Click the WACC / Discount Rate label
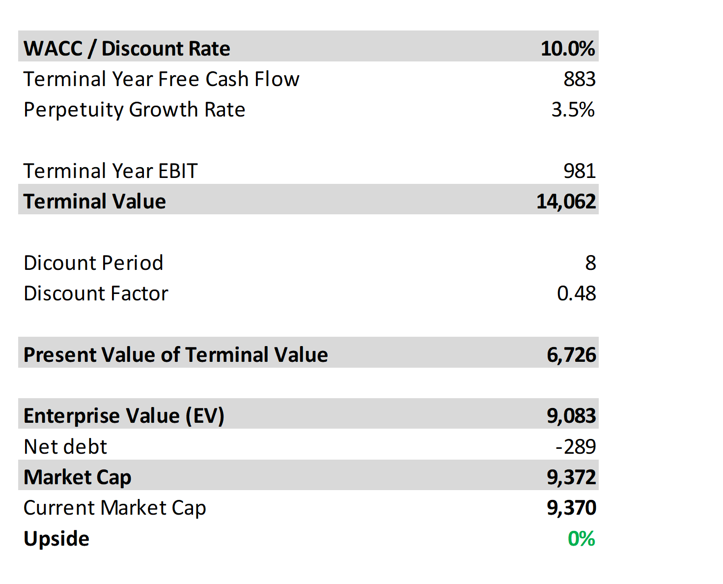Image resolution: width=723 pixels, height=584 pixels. (127, 48)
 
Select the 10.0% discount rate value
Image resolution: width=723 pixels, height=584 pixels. (567, 48)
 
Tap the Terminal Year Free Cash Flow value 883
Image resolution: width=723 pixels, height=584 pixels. (579, 79)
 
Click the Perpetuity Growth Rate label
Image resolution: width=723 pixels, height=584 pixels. (134, 110)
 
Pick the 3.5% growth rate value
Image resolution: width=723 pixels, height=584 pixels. (573, 110)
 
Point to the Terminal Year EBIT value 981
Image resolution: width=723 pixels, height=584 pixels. (579, 171)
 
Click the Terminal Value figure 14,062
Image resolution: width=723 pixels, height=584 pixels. (566, 202)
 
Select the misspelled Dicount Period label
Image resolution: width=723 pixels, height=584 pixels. (93, 263)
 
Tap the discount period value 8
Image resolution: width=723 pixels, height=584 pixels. (590, 263)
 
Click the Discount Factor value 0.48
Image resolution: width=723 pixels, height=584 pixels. (576, 293)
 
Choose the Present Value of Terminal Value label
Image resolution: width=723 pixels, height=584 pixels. (175, 355)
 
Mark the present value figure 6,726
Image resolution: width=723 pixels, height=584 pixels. (571, 355)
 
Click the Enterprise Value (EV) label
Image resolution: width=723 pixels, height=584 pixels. (124, 416)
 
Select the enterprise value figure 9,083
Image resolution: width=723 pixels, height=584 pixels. (571, 416)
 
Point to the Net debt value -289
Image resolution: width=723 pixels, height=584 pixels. (575, 447)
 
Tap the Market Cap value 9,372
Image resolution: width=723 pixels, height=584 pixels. (571, 477)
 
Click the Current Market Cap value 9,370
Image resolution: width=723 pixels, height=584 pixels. (571, 508)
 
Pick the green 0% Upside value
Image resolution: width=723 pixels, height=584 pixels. (581, 539)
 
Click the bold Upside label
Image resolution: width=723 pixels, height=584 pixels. (56, 539)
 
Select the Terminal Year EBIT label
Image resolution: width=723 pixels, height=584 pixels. (111, 171)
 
